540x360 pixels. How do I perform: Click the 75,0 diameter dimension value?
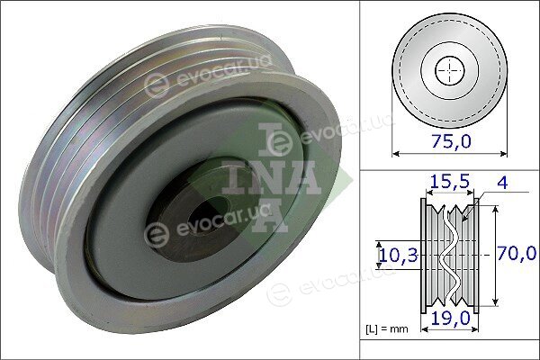[451, 141]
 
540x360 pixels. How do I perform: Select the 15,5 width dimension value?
[449, 182]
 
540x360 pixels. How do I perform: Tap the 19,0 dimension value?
[451, 319]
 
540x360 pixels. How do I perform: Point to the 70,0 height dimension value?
[517, 254]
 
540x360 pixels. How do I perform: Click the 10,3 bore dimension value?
[399, 256]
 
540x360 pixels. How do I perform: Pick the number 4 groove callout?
[503, 183]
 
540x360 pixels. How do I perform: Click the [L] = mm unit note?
[386, 329]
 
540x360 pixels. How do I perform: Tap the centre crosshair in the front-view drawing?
[450, 71]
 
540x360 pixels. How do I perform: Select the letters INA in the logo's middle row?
[272, 178]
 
